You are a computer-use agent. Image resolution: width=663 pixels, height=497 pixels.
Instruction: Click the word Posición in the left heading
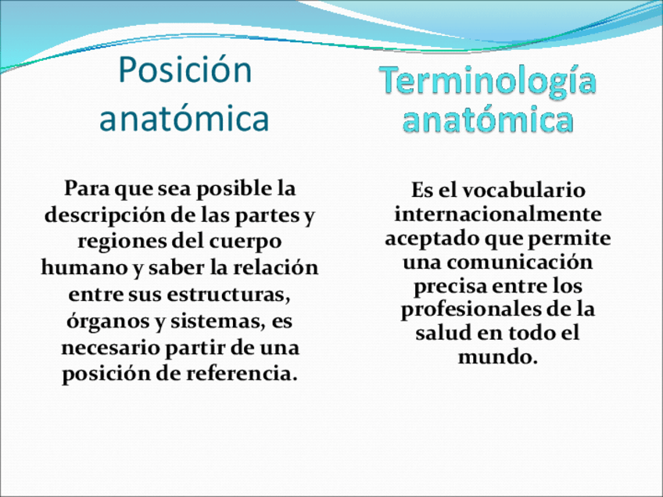pyautogui.click(x=185, y=70)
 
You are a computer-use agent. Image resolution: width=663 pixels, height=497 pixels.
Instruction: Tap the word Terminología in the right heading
pyautogui.click(x=488, y=82)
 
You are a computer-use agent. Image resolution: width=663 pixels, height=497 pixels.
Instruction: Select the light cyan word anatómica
pyautogui.click(x=488, y=119)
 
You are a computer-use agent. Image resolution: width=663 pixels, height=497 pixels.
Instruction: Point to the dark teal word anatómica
pyautogui.click(x=185, y=118)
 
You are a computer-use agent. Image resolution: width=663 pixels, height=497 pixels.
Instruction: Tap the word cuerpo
pyautogui.click(x=245, y=242)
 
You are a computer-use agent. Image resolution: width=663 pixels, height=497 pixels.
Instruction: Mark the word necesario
pyautogui.click(x=111, y=349)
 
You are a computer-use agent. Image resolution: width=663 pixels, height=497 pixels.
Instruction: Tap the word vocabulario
pyautogui.click(x=524, y=190)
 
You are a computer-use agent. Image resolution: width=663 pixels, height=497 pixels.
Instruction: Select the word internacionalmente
pyautogui.click(x=498, y=214)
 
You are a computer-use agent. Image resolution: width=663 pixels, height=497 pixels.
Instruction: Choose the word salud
pyautogui.click(x=443, y=333)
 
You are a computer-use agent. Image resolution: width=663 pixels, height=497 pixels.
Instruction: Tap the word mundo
pyautogui.click(x=498, y=357)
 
